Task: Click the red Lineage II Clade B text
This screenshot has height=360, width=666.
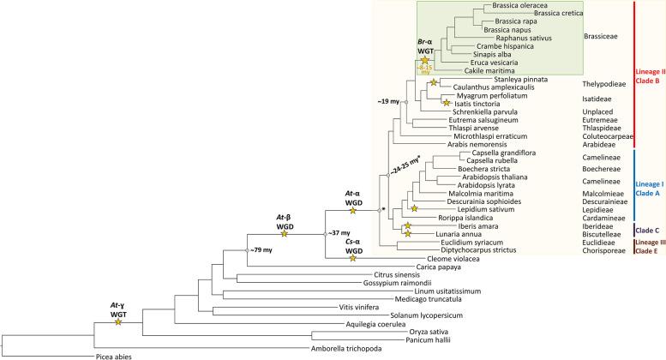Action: pos(648,75)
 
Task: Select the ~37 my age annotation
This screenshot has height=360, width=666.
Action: pos(338,232)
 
